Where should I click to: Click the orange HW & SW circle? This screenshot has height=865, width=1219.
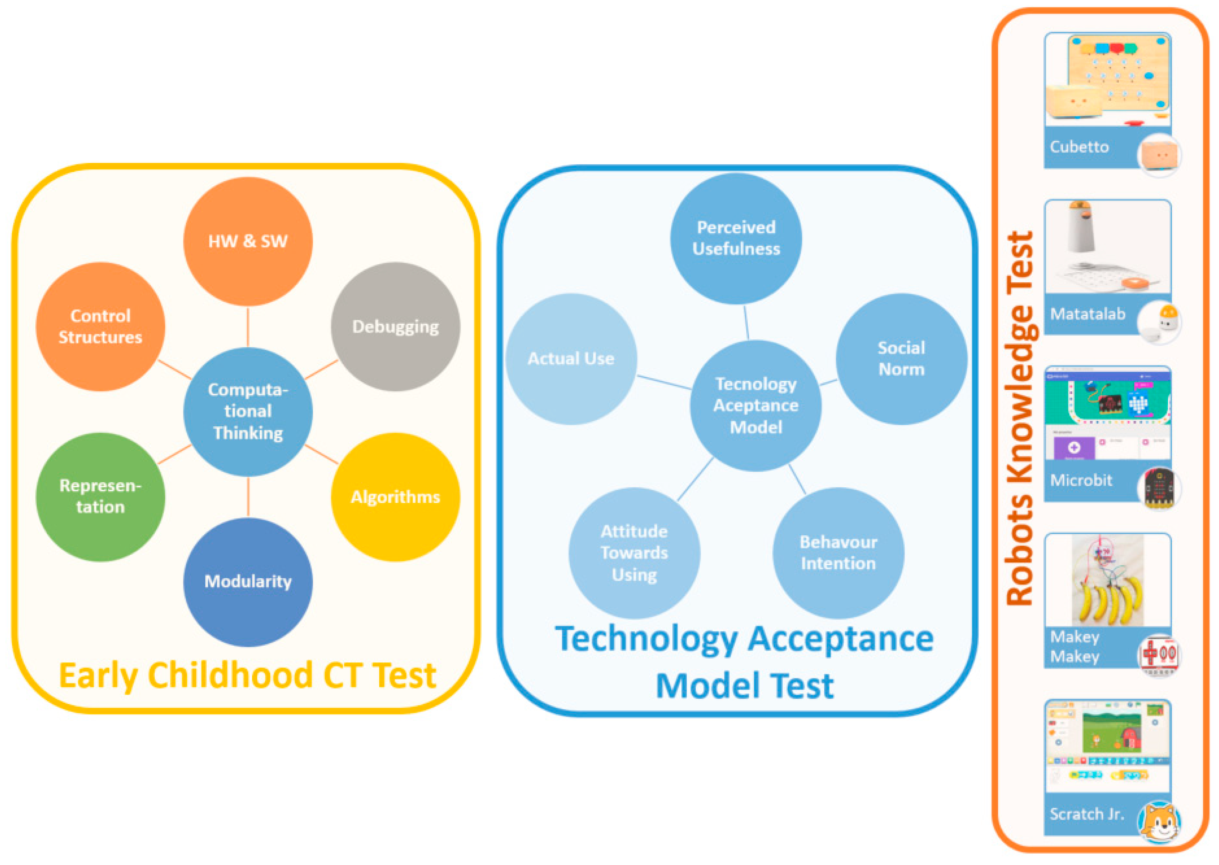[x=248, y=241]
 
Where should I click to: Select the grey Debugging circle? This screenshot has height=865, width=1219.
[x=395, y=327]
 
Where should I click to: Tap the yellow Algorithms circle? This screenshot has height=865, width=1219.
[x=395, y=497]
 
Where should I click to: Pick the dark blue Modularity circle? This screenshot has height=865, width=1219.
[x=248, y=582]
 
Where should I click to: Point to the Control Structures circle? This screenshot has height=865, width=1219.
[x=100, y=327]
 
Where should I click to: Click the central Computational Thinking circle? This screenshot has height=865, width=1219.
[x=248, y=412]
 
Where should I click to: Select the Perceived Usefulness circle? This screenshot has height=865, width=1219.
[x=736, y=239]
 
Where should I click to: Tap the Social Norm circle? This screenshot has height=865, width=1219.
[x=901, y=358]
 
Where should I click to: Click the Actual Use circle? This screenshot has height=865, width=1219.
[x=571, y=358]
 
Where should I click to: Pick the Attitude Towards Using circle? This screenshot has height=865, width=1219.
[x=634, y=553]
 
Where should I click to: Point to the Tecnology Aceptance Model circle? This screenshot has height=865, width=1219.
[x=756, y=405]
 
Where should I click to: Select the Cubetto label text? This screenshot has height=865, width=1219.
[x=1079, y=147]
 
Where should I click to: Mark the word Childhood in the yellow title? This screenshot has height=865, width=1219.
[x=231, y=676]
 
